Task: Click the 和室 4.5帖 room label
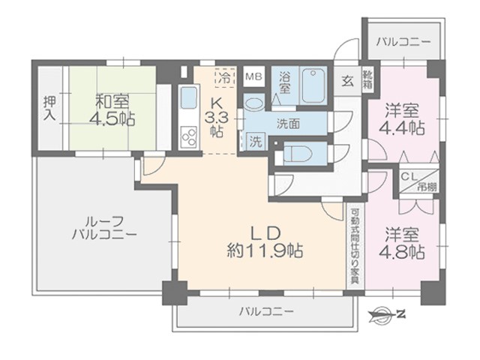pyautogui.click(x=112, y=110)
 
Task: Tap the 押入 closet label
pyautogui.click(x=49, y=108)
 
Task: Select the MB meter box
pyautogui.click(x=254, y=76)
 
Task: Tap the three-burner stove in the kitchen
pyautogui.click(x=188, y=136)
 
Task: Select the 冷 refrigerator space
pyautogui.click(x=225, y=78)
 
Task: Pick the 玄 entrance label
pyautogui.click(x=347, y=82)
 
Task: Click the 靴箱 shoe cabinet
pyautogui.click(x=367, y=79)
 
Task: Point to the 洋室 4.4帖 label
pyautogui.click(x=402, y=119)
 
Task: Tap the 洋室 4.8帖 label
pyautogui.click(x=402, y=243)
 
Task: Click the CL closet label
pyautogui.click(x=409, y=177)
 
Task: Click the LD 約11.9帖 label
pyautogui.click(x=265, y=242)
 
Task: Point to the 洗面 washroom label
pyautogui.click(x=288, y=124)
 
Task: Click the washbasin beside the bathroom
pyautogui.click(x=253, y=103)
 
